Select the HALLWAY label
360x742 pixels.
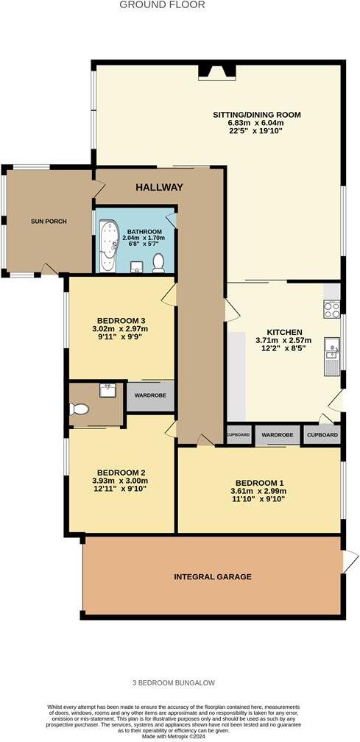click(x=159, y=188)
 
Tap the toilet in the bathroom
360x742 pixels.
click(x=158, y=263)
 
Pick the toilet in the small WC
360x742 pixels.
click(x=79, y=409)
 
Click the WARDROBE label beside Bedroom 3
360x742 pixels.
click(x=151, y=396)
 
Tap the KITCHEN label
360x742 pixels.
click(x=283, y=331)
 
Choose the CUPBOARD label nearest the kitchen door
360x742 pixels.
click(x=322, y=435)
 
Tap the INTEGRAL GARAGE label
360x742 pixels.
click(x=213, y=576)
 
